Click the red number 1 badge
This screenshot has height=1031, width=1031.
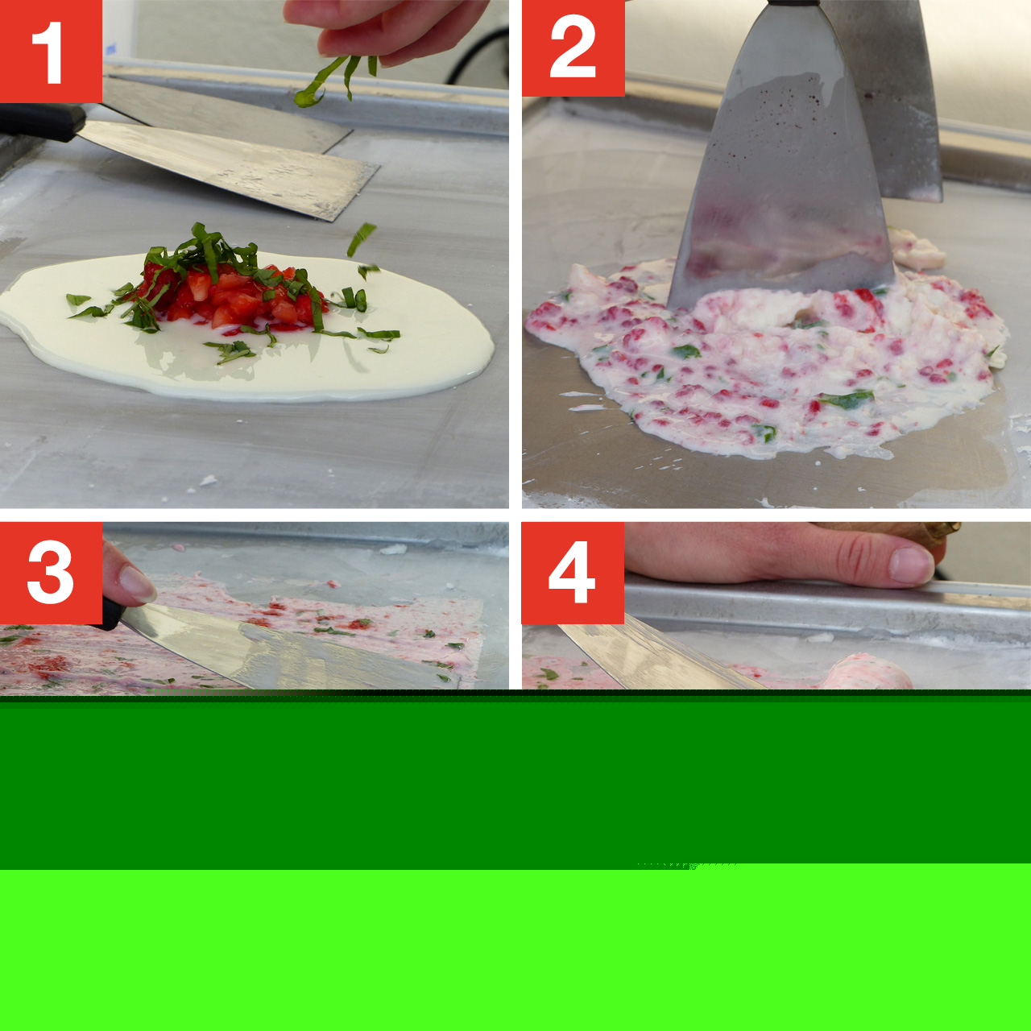click(x=51, y=51)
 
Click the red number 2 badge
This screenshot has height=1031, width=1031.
click(x=573, y=48)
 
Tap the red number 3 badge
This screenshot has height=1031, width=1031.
click(x=51, y=573)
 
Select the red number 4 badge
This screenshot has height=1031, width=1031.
click(x=573, y=573)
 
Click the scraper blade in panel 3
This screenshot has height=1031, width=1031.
click(x=289, y=650)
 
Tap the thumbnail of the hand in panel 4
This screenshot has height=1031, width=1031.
click(x=911, y=565)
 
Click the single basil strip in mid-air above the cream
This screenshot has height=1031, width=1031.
click(x=362, y=238)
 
